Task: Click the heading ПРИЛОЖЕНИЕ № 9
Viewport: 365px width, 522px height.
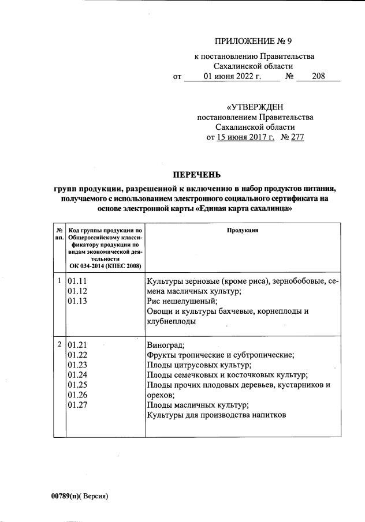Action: (255, 41)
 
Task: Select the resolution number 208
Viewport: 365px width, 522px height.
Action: (318, 76)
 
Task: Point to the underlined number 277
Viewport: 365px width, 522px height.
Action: (296, 137)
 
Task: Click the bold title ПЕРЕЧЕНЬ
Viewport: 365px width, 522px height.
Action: (196, 175)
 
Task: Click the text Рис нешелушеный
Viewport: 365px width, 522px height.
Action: (182, 302)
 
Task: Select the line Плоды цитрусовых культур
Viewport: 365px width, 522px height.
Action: (199, 365)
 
